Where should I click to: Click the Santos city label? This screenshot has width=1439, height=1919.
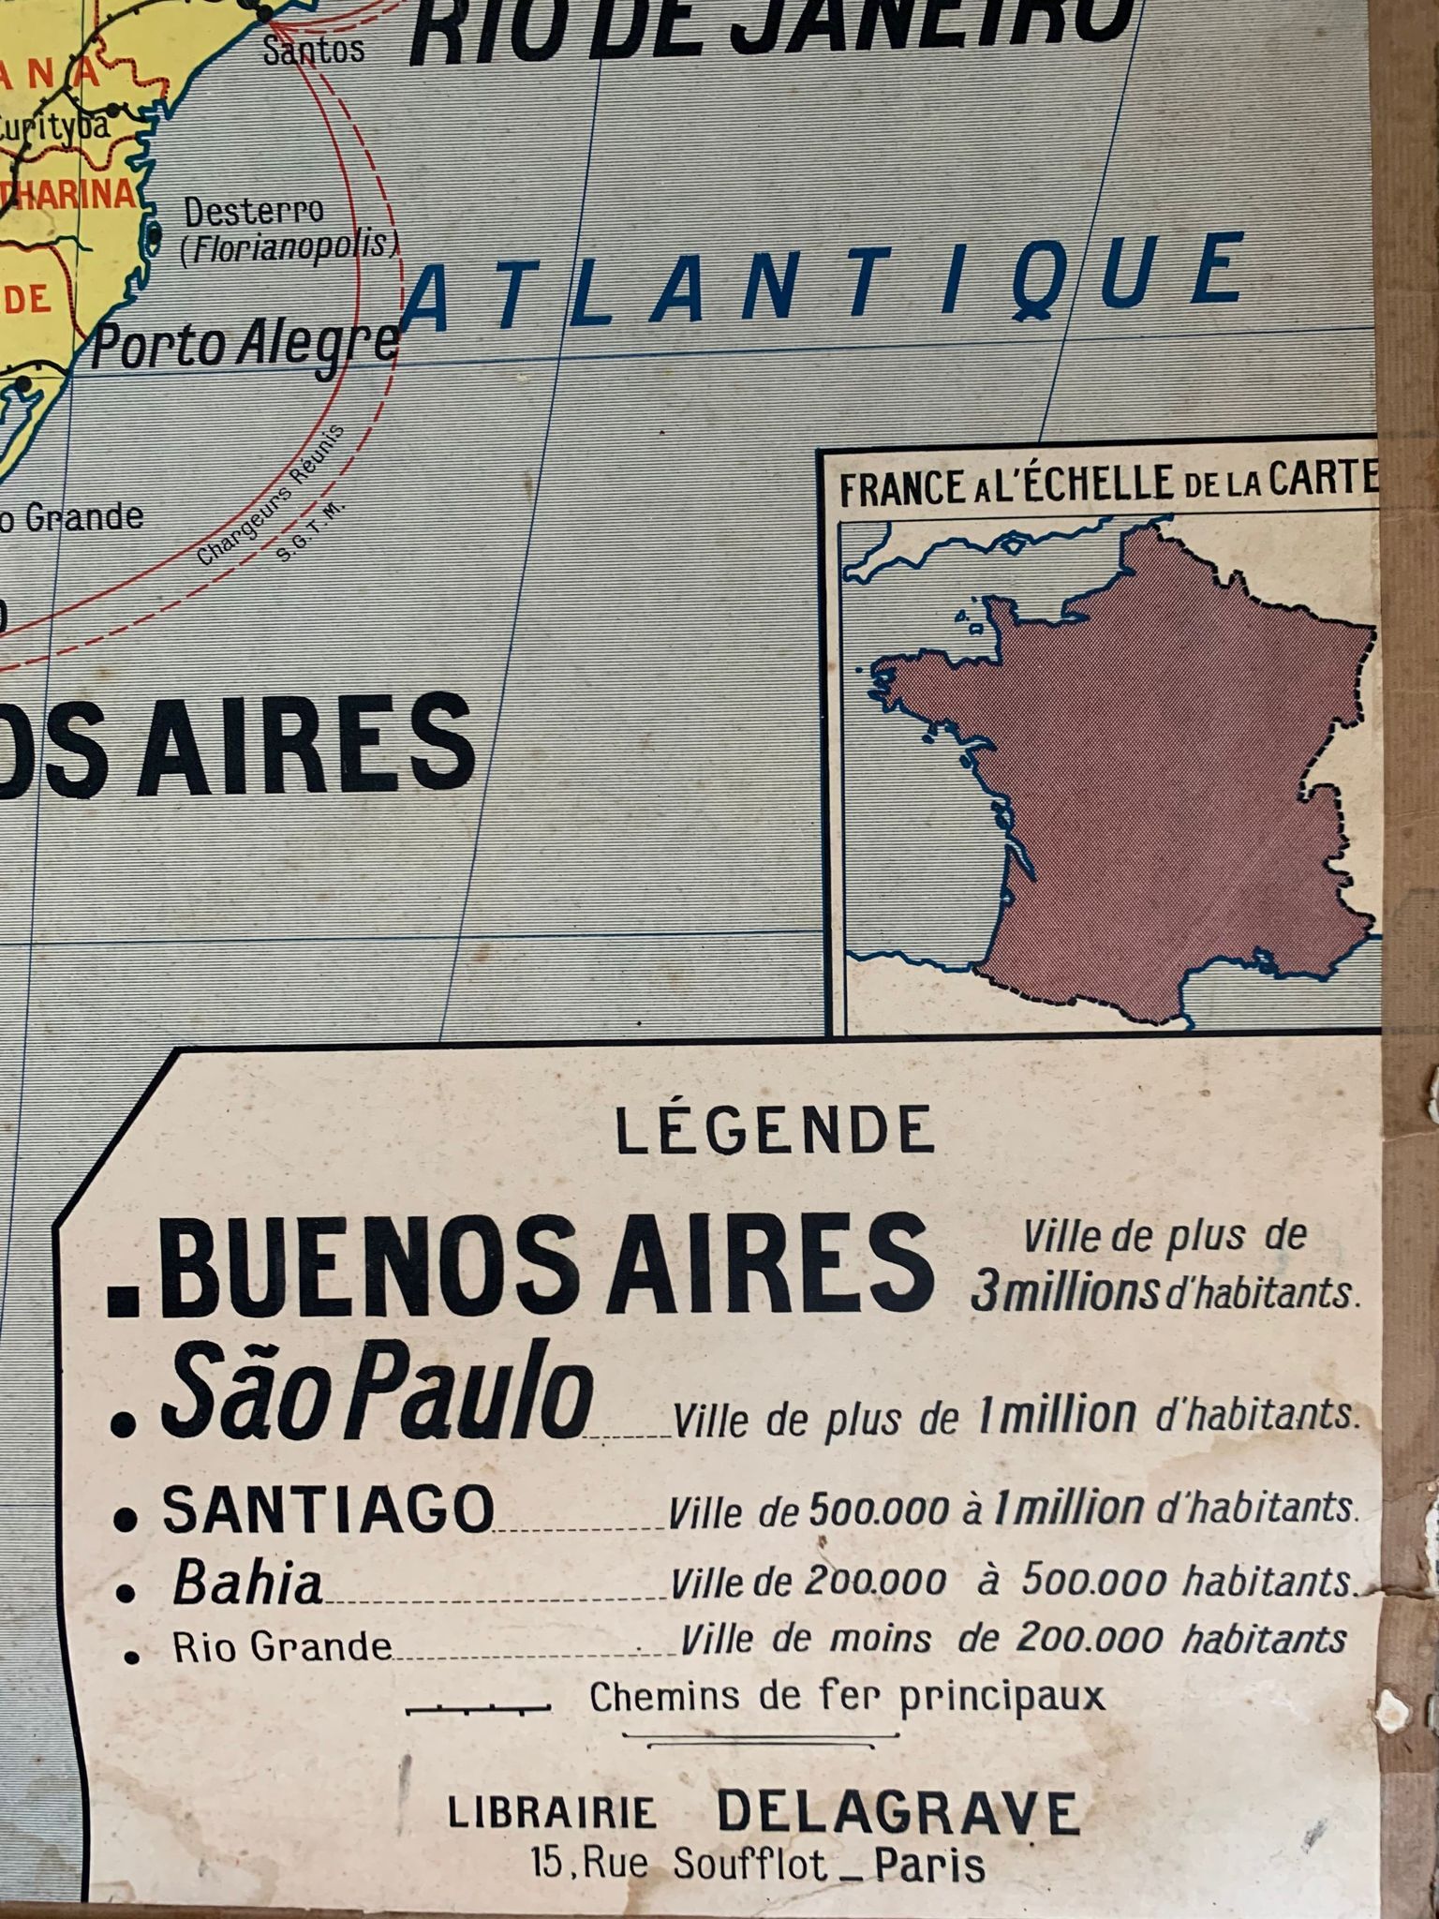click(x=313, y=49)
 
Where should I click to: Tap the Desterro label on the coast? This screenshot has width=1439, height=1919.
click(x=253, y=212)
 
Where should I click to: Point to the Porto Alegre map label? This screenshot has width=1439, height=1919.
click(x=245, y=345)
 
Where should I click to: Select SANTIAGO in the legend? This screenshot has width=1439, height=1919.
click(x=328, y=1510)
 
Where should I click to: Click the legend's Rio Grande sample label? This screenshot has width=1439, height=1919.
click(x=281, y=1648)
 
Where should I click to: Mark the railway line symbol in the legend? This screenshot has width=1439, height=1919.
click(x=478, y=1710)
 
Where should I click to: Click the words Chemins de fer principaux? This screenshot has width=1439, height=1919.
click(x=847, y=1697)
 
